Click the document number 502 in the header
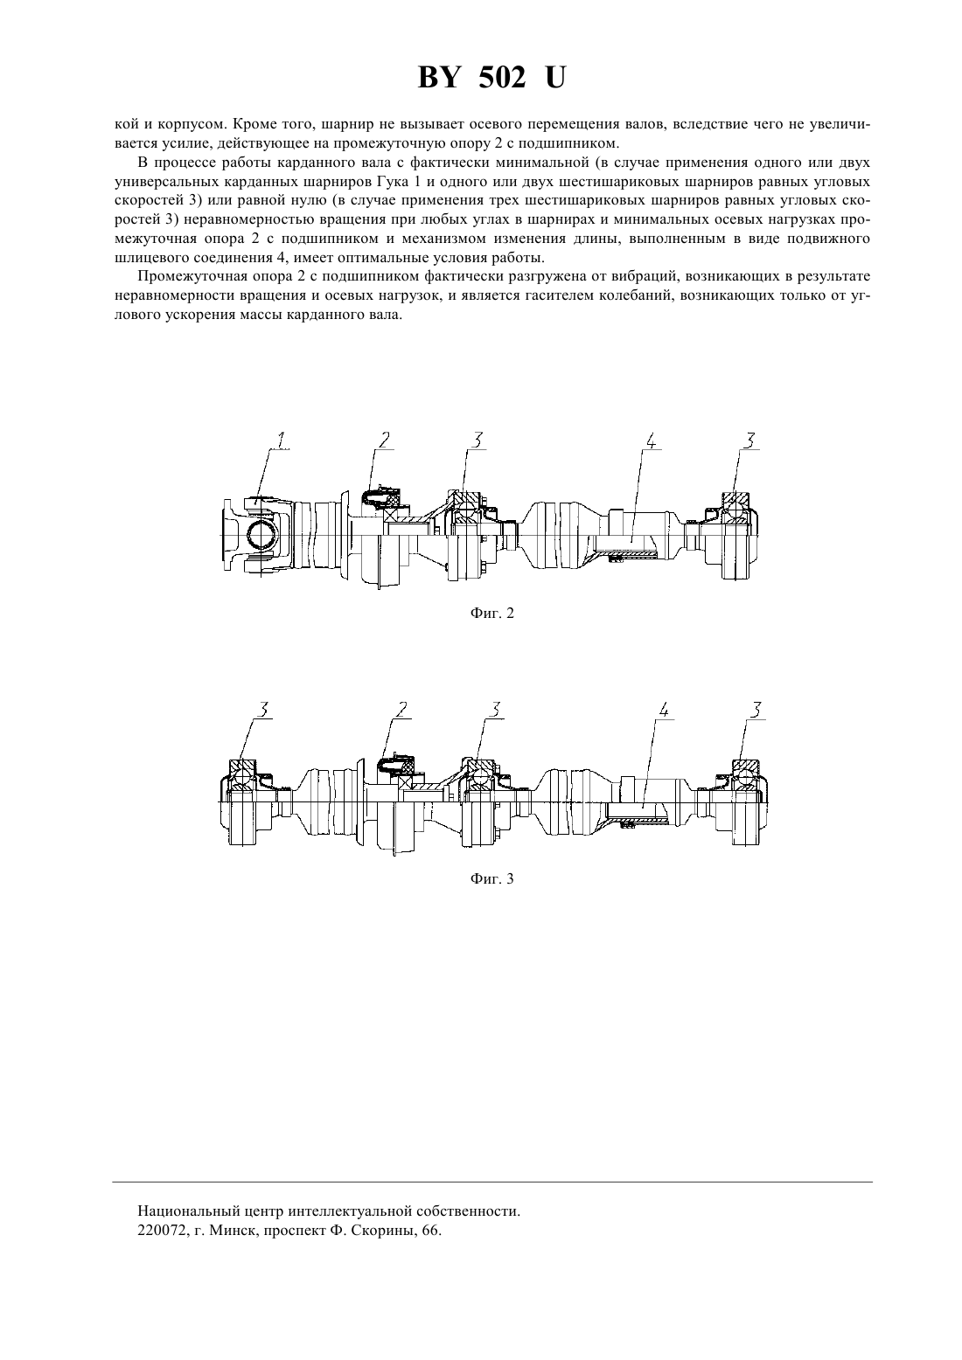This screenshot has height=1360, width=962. pos(502,79)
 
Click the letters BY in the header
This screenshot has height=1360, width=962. pos(438,79)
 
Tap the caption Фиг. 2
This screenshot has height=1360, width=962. pos(491,613)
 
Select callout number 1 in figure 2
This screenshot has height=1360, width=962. pos(281,441)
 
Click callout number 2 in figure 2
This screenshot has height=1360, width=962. pos(385,441)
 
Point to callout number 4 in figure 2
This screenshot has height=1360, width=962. pos(651,441)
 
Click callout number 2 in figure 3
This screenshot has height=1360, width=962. pos(401,709)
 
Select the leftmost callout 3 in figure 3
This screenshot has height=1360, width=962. pos(264,709)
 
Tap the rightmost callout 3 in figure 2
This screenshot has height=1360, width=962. pos(750,441)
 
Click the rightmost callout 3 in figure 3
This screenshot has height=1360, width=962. pos(756,709)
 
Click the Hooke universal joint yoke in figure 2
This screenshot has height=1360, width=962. pos(260,534)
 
